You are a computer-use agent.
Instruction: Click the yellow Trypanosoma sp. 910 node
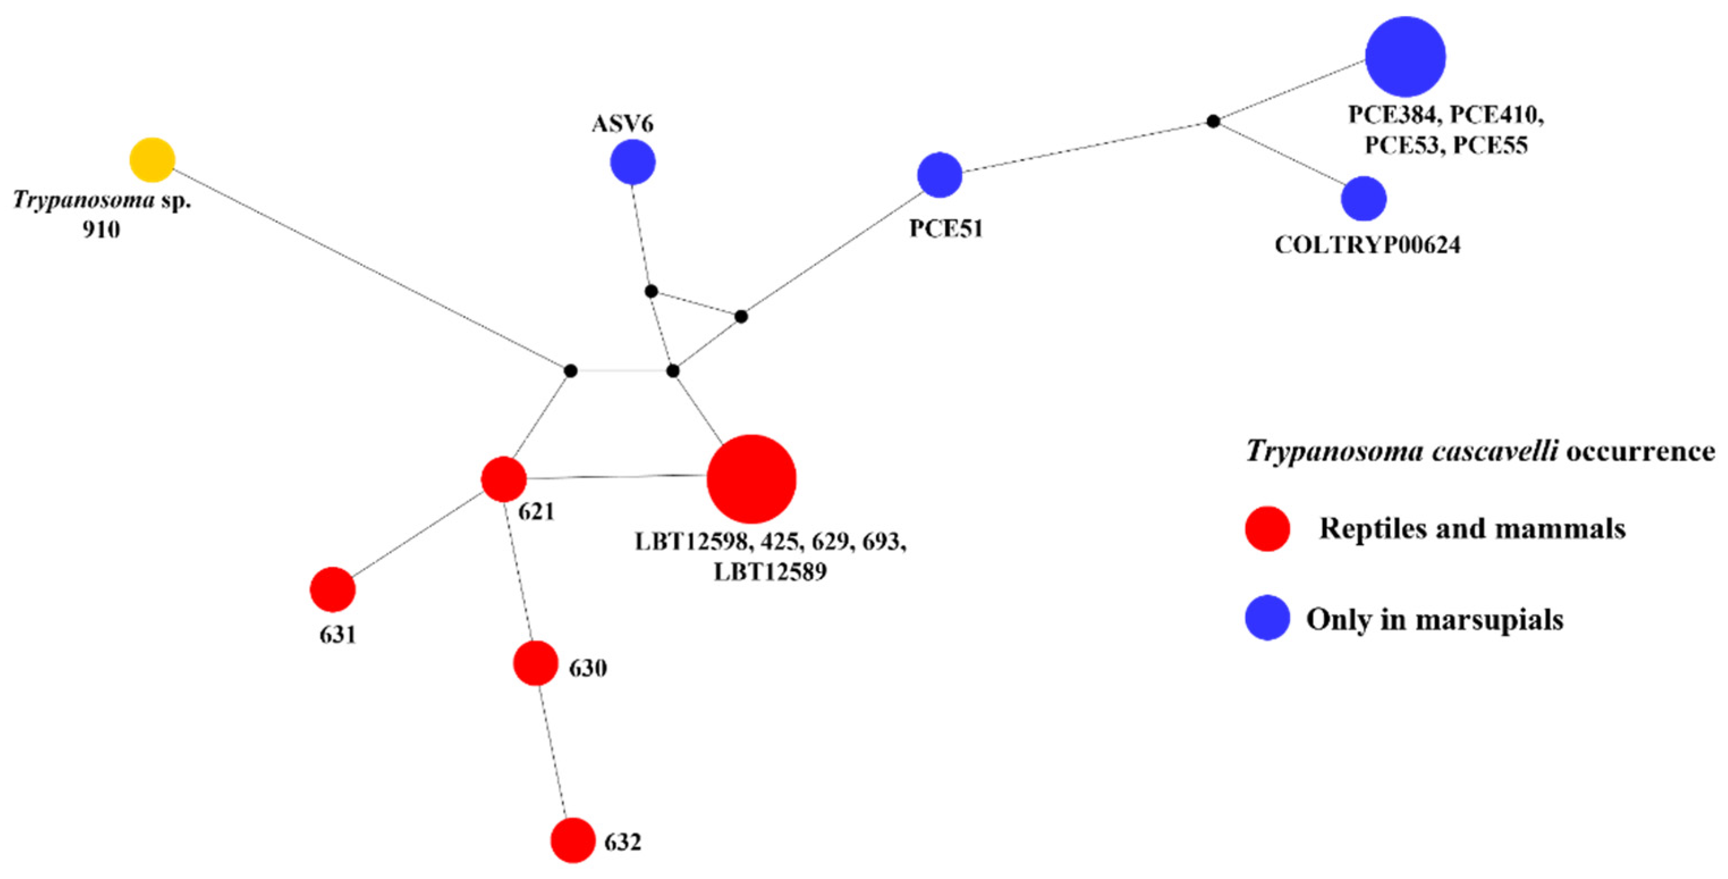point(152,160)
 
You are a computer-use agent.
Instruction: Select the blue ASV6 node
point(632,162)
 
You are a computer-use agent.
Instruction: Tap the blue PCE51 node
point(940,175)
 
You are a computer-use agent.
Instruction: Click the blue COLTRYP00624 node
point(1364,198)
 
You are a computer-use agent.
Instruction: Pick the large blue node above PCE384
point(1406,57)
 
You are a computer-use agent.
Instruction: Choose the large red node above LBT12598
point(752,479)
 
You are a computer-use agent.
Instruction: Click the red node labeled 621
point(504,479)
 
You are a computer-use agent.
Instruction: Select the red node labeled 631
point(333,590)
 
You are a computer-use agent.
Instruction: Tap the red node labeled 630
point(536,663)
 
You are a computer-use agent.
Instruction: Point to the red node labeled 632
point(573,840)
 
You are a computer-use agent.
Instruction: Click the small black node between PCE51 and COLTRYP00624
point(1213,121)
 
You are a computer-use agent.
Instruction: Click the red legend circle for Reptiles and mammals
point(1267,529)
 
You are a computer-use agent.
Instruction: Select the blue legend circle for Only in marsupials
point(1267,618)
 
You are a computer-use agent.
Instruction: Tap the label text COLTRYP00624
point(1367,245)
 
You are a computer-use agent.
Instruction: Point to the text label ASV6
point(622,124)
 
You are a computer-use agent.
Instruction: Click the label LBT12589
point(770,572)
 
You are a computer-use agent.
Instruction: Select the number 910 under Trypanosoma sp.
point(101,230)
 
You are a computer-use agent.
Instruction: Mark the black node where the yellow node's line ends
point(570,371)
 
